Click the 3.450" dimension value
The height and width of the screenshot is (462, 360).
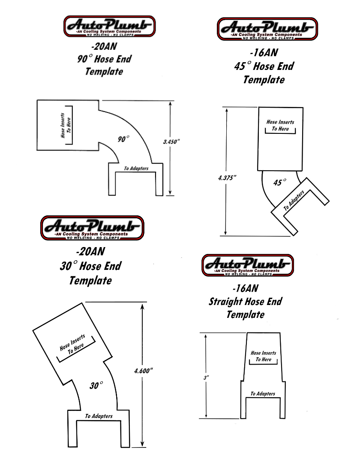click(x=171, y=142)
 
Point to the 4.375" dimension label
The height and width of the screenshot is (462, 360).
click(x=227, y=178)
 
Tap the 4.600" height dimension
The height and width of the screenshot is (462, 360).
click(x=143, y=371)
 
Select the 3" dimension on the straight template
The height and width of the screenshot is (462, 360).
click(x=206, y=377)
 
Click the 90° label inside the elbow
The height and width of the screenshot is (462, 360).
click(x=123, y=139)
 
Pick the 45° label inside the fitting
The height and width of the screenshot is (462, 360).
click(x=279, y=182)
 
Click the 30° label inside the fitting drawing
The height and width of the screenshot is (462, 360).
click(x=96, y=385)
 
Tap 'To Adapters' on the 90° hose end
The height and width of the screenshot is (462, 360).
click(x=136, y=168)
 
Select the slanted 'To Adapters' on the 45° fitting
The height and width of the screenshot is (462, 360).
click(x=294, y=200)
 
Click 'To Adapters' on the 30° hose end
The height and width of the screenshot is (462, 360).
click(x=99, y=416)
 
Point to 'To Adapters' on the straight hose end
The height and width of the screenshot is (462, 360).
click(x=263, y=394)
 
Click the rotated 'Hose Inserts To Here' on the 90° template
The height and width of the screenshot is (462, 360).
click(x=66, y=125)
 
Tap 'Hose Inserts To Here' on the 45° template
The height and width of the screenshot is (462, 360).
click(x=280, y=125)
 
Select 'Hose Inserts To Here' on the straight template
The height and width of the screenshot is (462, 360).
click(x=263, y=356)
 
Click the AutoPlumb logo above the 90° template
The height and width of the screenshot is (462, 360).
click(x=110, y=27)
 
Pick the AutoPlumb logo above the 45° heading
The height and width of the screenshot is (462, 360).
click(x=267, y=29)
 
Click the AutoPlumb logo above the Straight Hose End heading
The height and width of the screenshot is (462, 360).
click(x=248, y=265)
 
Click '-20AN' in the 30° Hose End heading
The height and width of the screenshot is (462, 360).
click(x=90, y=251)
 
